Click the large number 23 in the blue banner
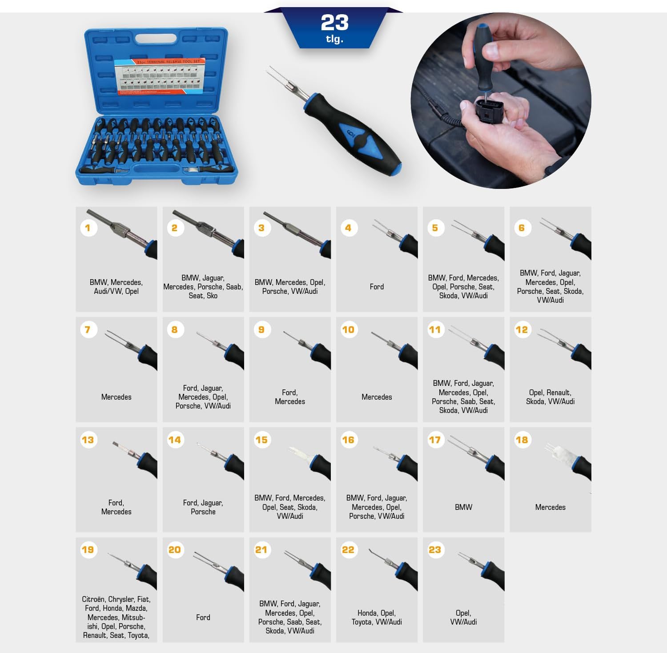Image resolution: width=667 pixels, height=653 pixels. [334, 23]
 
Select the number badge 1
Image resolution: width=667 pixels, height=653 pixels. [88, 228]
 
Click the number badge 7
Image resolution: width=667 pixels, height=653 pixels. [88, 329]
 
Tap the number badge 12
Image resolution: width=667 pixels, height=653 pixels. [522, 329]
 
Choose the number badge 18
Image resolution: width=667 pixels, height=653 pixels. [522, 440]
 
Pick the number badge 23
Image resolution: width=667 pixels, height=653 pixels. [435, 550]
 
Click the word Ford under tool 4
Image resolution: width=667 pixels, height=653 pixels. [377, 287]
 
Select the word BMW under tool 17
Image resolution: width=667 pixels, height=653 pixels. [463, 507]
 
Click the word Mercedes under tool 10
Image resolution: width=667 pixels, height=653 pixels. [377, 397]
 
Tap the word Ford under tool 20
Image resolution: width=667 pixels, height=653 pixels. [203, 617]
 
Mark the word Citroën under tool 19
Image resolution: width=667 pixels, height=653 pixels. [93, 599]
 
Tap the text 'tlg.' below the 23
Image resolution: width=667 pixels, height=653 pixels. [334, 39]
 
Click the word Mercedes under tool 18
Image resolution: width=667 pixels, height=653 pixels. [550, 507]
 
